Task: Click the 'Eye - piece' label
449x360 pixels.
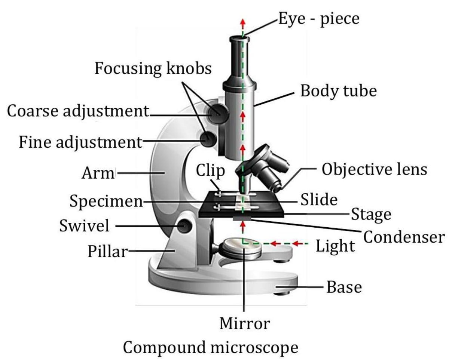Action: click(318, 18)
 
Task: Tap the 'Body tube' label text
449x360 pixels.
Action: click(338, 91)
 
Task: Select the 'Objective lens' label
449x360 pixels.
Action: click(374, 169)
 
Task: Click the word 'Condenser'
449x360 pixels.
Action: click(404, 237)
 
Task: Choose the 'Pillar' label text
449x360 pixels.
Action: click(108, 252)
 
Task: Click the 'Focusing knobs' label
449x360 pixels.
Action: click(153, 68)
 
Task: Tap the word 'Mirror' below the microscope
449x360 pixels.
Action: click(244, 323)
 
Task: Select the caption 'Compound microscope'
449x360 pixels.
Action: click(211, 348)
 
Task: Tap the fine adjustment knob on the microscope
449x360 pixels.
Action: click(208, 139)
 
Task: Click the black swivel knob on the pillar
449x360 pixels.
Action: click(185, 225)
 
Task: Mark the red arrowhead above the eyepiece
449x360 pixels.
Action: click(242, 22)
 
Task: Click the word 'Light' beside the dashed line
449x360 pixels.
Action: click(335, 246)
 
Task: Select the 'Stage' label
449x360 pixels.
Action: click(371, 215)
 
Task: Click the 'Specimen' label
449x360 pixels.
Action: click(106, 202)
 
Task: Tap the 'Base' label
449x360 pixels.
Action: click(344, 287)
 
